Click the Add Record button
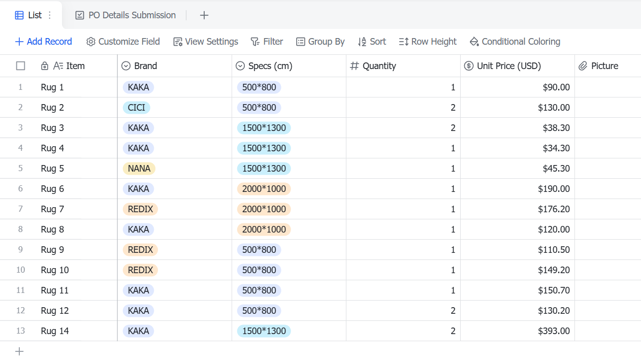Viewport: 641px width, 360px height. [44, 42]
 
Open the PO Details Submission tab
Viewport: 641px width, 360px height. [125, 15]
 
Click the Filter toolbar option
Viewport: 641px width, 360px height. [267, 42]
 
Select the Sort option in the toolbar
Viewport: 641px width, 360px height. [372, 42]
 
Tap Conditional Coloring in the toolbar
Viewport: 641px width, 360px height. [515, 42]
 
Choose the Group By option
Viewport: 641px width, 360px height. [320, 42]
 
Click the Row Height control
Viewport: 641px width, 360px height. [428, 42]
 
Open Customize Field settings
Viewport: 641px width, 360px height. [123, 42]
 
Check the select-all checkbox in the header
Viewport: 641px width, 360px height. [21, 66]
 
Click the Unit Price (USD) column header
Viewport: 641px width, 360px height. [502, 66]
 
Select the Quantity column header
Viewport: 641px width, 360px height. [373, 66]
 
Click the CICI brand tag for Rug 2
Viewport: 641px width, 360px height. [137, 108]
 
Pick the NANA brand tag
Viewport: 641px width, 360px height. [139, 169]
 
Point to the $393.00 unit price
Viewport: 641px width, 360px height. [554, 331]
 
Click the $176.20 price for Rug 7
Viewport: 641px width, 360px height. [554, 209]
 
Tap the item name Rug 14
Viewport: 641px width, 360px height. [55, 331]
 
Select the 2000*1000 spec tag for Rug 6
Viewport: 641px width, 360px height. [264, 189]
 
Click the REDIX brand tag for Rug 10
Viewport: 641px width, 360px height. [140, 270]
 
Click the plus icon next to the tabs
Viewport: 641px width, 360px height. [204, 15]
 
